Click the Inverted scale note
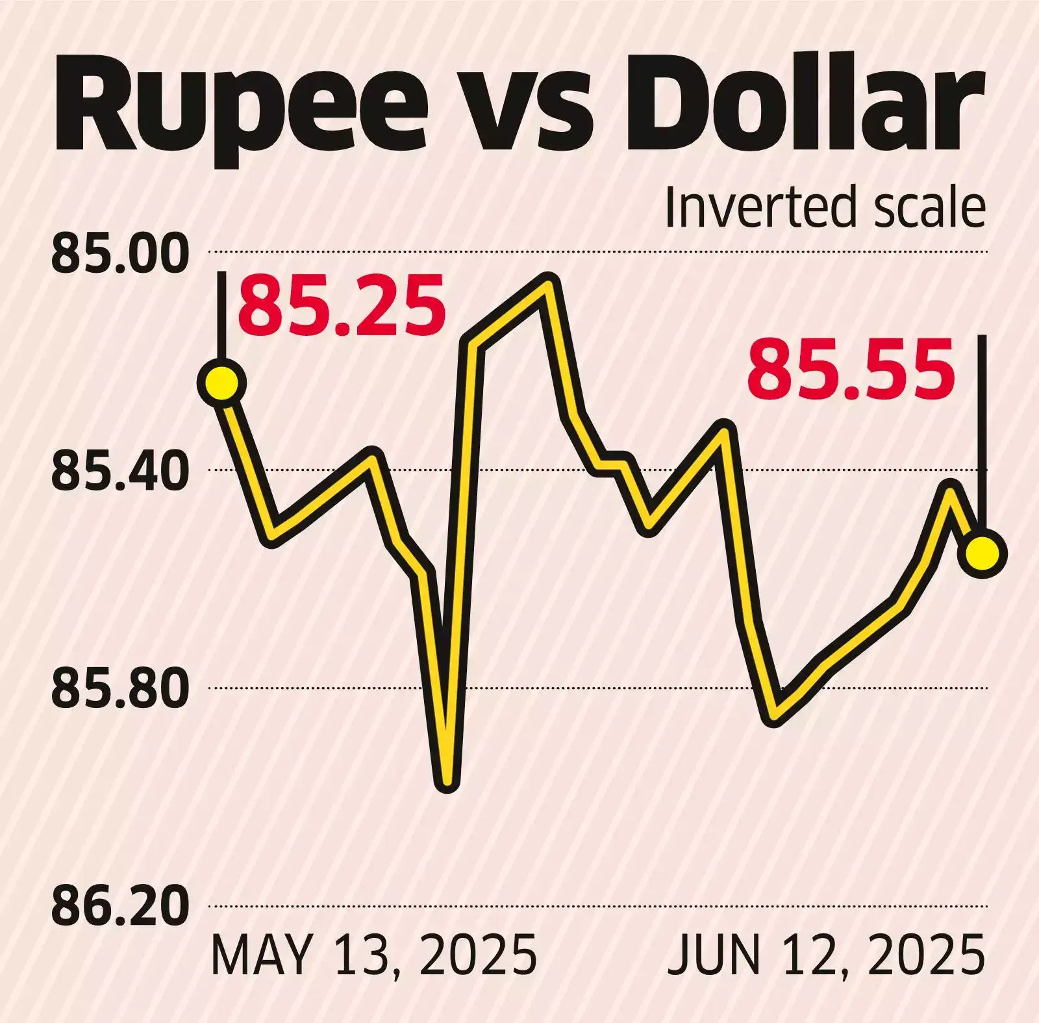tap(825, 208)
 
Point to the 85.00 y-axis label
tap(119, 255)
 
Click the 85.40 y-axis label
tap(119, 472)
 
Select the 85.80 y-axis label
tap(119, 690)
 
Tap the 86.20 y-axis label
tap(119, 907)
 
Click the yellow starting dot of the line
tap(223, 383)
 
